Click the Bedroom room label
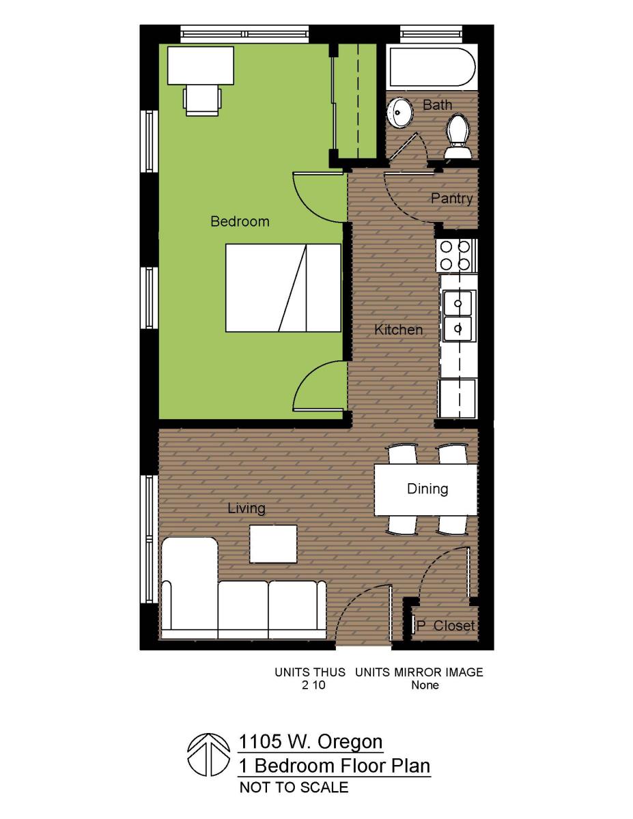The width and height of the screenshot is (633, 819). [x=240, y=221]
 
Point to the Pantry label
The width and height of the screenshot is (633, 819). [x=451, y=199]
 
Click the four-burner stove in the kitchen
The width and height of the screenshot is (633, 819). [x=456, y=255]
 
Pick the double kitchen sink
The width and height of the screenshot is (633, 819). [x=458, y=315]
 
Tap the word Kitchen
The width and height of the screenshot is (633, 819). [x=399, y=330]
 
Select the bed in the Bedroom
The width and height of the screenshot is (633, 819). [x=283, y=287]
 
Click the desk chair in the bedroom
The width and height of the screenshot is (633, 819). [x=202, y=99]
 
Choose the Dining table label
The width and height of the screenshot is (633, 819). [x=427, y=489]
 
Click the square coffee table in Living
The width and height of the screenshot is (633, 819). [x=273, y=543]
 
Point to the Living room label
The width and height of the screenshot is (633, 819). [x=247, y=508]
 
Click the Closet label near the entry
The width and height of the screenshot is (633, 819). [x=454, y=626]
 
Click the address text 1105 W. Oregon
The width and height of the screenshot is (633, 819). [x=311, y=742]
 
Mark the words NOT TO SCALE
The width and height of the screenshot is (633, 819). [x=294, y=787]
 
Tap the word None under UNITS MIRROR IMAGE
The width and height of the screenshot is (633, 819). [x=425, y=685]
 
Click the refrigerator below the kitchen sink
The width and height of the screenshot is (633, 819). [x=458, y=397]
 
